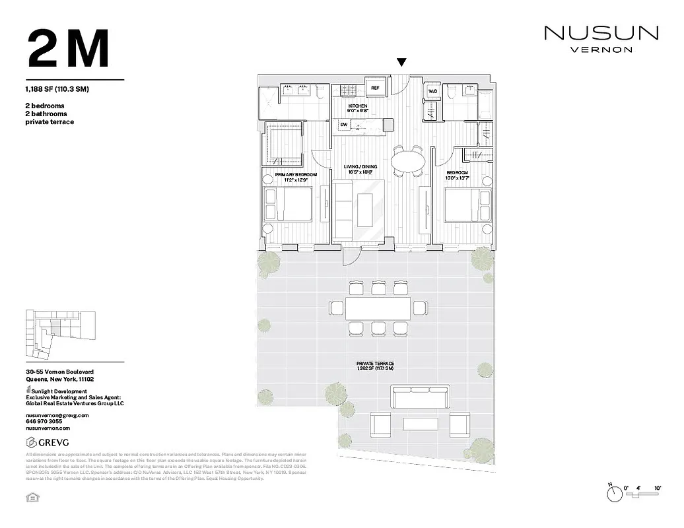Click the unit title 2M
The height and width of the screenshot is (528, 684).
(x=68, y=49)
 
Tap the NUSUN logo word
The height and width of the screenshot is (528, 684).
(x=601, y=33)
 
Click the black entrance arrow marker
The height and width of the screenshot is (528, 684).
(x=401, y=63)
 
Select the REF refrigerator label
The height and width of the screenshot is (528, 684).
(x=375, y=88)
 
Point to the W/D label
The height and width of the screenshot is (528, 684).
(x=433, y=91)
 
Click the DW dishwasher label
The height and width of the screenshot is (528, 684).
(x=344, y=124)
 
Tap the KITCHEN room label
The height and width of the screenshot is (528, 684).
(x=358, y=106)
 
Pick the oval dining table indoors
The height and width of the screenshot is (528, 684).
(x=408, y=161)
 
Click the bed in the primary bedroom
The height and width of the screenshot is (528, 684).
(x=288, y=204)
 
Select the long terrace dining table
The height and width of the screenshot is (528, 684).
(x=374, y=308)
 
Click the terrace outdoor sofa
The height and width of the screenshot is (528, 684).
(x=421, y=398)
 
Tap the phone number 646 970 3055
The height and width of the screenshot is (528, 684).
(x=44, y=421)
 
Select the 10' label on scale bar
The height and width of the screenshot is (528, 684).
(x=657, y=488)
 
